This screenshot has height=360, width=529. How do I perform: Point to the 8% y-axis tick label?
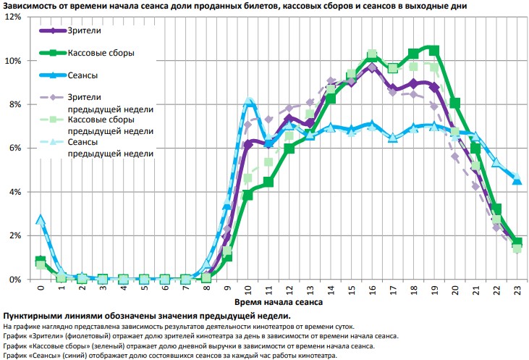(x=14, y=104)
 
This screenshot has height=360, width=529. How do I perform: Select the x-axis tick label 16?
(x=372, y=289)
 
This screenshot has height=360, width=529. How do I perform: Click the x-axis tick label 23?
(x=517, y=289)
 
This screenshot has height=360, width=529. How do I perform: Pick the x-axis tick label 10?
(x=247, y=289)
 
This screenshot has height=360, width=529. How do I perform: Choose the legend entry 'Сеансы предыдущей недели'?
(x=109, y=148)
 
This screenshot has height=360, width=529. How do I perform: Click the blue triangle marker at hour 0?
(x=41, y=219)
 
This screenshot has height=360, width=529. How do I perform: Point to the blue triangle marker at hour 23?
(x=517, y=180)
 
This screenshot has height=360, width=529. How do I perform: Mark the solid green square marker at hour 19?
(x=434, y=50)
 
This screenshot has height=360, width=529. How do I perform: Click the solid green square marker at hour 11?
(x=268, y=182)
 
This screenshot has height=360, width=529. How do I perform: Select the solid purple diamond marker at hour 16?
(x=372, y=67)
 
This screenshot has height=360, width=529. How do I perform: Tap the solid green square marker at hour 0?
(x=41, y=261)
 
